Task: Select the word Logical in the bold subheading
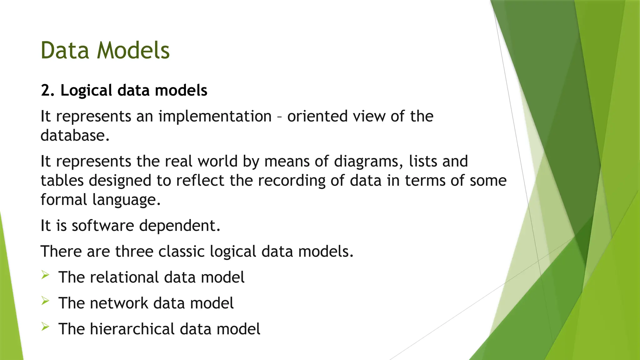pyautogui.click(x=86, y=91)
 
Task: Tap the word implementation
pyautogui.click(x=215, y=117)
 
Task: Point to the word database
pyautogui.click(x=75, y=136)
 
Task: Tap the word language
pyautogui.click(x=126, y=200)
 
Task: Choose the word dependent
pyautogui.click(x=179, y=226)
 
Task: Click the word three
pyautogui.click(x=134, y=252)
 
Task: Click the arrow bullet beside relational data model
pyautogui.click(x=45, y=275)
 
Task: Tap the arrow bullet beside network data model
pyautogui.click(x=45, y=301)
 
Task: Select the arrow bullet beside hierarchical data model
pyautogui.click(x=45, y=327)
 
